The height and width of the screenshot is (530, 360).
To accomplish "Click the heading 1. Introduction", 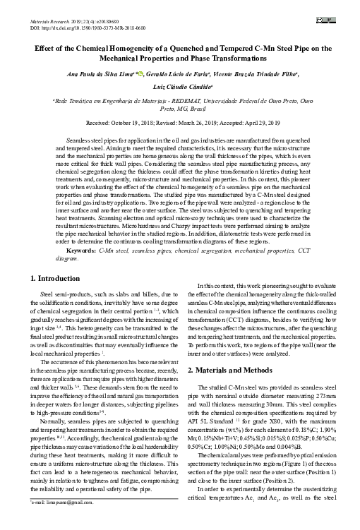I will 59,279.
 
